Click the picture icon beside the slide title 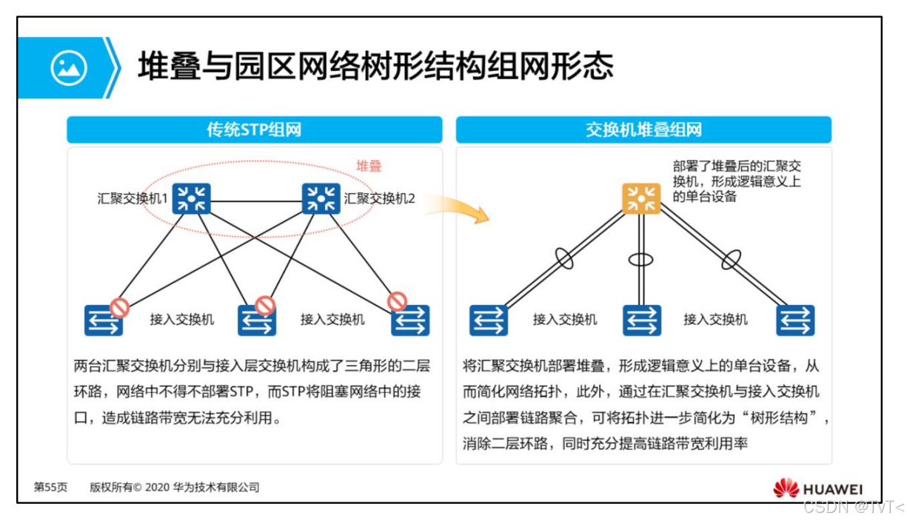[x=68, y=67]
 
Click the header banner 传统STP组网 [x=254, y=130]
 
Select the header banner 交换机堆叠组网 [x=643, y=130]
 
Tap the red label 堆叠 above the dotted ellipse [x=369, y=166]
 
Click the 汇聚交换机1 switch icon [x=192, y=198]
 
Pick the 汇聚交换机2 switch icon [x=321, y=198]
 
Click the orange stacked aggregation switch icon [x=641, y=198]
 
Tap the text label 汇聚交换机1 [x=133, y=198]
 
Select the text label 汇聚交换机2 [x=380, y=198]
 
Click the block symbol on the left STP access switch [x=120, y=308]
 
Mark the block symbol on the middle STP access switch [x=265, y=305]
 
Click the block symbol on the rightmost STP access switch [x=398, y=301]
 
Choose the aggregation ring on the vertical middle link [x=641, y=260]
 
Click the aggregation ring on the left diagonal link [x=564, y=258]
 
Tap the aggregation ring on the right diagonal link [x=732, y=259]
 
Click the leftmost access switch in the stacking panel [x=489, y=320]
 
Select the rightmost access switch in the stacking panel [x=795, y=320]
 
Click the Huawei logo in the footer [x=817, y=488]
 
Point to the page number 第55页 [x=50, y=488]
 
